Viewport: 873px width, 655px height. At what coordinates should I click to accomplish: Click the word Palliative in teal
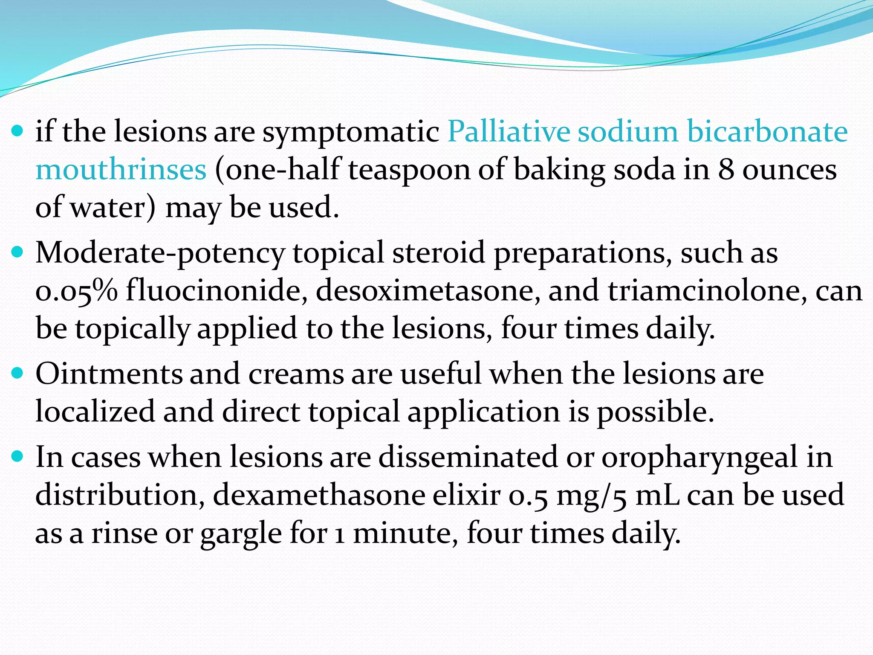pos(508,131)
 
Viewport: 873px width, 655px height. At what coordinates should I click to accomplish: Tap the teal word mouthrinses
pos(121,170)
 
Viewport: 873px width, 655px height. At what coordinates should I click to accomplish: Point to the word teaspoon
pos(408,170)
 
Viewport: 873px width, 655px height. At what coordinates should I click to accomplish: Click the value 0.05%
pos(76,291)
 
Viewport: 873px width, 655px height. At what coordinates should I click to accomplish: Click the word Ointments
pos(108,374)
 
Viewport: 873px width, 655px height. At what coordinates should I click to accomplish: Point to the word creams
pos(296,374)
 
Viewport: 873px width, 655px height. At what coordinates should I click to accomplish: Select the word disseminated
pos(468,457)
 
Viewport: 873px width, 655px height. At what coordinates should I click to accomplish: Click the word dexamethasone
pos(319,496)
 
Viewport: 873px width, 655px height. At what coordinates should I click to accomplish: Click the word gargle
pos(241,534)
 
